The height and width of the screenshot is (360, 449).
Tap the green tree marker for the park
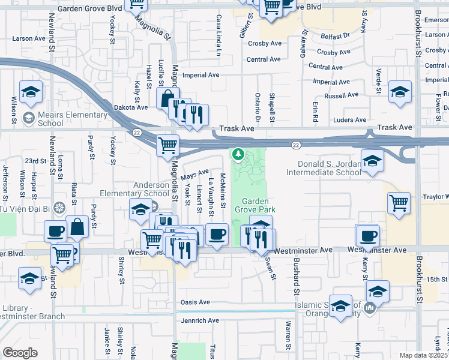pyautogui.click(x=239, y=155)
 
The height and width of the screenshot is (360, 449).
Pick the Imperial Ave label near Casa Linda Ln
pyautogui.click(x=201, y=75)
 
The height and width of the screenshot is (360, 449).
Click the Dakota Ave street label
pyautogui.click(x=130, y=107)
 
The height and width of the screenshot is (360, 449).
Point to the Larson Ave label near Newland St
pyautogui.click(x=29, y=38)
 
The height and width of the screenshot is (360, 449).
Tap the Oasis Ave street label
pyautogui.click(x=195, y=302)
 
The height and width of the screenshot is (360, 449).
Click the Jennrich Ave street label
pyautogui.click(x=200, y=320)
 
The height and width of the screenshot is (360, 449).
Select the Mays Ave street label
pyautogui.click(x=194, y=175)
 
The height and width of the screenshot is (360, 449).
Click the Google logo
pyautogui.click(x=20, y=352)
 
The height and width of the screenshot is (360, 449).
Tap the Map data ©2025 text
pyautogui.click(x=424, y=355)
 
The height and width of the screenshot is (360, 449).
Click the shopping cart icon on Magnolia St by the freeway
pyautogui.click(x=167, y=144)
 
